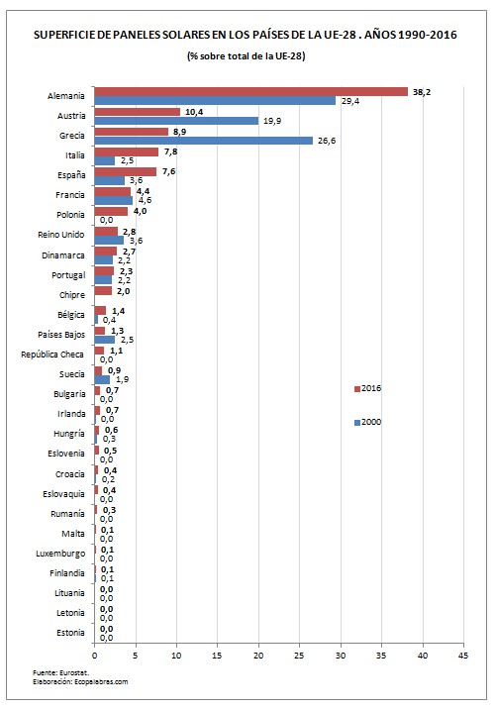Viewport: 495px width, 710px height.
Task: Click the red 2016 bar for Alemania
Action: (250, 91)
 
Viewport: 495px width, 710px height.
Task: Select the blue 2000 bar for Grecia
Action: (203, 141)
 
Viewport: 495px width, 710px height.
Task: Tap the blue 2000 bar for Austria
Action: (175, 121)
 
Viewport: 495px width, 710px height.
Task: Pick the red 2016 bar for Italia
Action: (126, 151)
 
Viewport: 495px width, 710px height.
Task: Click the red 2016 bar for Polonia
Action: (110, 211)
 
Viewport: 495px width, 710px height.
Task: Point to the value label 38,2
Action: (423, 90)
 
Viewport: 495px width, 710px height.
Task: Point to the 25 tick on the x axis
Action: (299, 655)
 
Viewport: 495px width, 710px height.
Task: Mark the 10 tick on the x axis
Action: (176, 655)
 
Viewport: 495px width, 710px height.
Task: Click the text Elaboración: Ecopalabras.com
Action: (80, 682)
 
